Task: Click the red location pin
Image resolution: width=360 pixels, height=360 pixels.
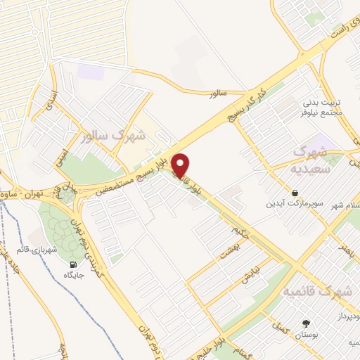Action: click(x=181, y=165)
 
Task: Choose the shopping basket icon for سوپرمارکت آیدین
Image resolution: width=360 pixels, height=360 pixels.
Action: click(x=295, y=193)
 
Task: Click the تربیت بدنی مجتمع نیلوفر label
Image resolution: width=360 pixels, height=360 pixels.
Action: click(x=324, y=105)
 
